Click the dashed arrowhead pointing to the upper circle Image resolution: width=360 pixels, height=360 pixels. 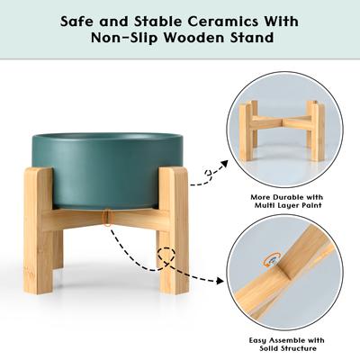215,171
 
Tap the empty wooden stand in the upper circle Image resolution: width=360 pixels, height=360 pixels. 282,130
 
